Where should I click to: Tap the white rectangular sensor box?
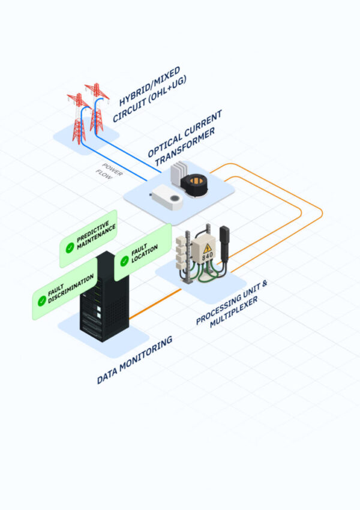[x=167, y=197]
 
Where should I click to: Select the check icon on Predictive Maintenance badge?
[x=71, y=247]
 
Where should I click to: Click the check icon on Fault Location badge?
[x=124, y=260]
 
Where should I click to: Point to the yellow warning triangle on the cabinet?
[x=208, y=248]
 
